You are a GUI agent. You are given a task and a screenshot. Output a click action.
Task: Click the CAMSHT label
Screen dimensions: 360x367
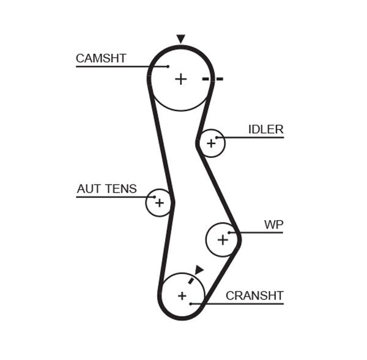pyautogui.click(x=101, y=59)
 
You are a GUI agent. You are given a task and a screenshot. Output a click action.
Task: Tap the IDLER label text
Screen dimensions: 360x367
pyautogui.click(x=265, y=130)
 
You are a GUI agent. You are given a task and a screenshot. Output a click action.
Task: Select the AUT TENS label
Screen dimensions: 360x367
pyautogui.click(x=106, y=189)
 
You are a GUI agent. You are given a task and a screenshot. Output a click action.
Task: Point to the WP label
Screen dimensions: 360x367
pyautogui.click(x=273, y=225)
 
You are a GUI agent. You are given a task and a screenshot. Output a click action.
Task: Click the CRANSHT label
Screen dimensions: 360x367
pyautogui.click(x=254, y=296)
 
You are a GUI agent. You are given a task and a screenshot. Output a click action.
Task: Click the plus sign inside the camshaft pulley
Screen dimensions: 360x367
pyautogui.click(x=180, y=79)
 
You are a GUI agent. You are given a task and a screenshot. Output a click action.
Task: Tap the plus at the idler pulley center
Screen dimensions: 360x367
pyautogui.click(x=211, y=144)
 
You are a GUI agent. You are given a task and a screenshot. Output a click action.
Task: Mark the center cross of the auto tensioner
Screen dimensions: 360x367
pyautogui.click(x=159, y=202)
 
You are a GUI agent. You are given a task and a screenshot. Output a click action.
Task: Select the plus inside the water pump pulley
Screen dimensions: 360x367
pyautogui.click(x=222, y=240)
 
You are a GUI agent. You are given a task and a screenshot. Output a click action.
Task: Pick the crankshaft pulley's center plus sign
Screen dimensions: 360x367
pyautogui.click(x=182, y=296)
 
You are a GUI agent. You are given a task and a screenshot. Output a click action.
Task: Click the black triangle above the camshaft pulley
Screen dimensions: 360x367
pyautogui.click(x=180, y=39)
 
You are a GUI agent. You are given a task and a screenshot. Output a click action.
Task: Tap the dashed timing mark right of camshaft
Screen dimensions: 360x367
pyautogui.click(x=213, y=79)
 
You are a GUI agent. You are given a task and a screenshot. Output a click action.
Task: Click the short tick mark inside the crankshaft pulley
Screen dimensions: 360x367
pyautogui.click(x=191, y=280)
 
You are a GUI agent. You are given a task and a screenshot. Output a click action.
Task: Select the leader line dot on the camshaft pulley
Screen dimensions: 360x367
pyautogui.click(x=167, y=66)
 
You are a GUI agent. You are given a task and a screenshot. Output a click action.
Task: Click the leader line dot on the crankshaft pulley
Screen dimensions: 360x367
pyautogui.click(x=191, y=303)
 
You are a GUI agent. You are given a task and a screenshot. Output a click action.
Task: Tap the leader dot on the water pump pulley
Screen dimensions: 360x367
pyautogui.click(x=229, y=232)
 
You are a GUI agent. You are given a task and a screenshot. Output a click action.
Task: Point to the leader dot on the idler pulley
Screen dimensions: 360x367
pyautogui.click(x=216, y=137)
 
